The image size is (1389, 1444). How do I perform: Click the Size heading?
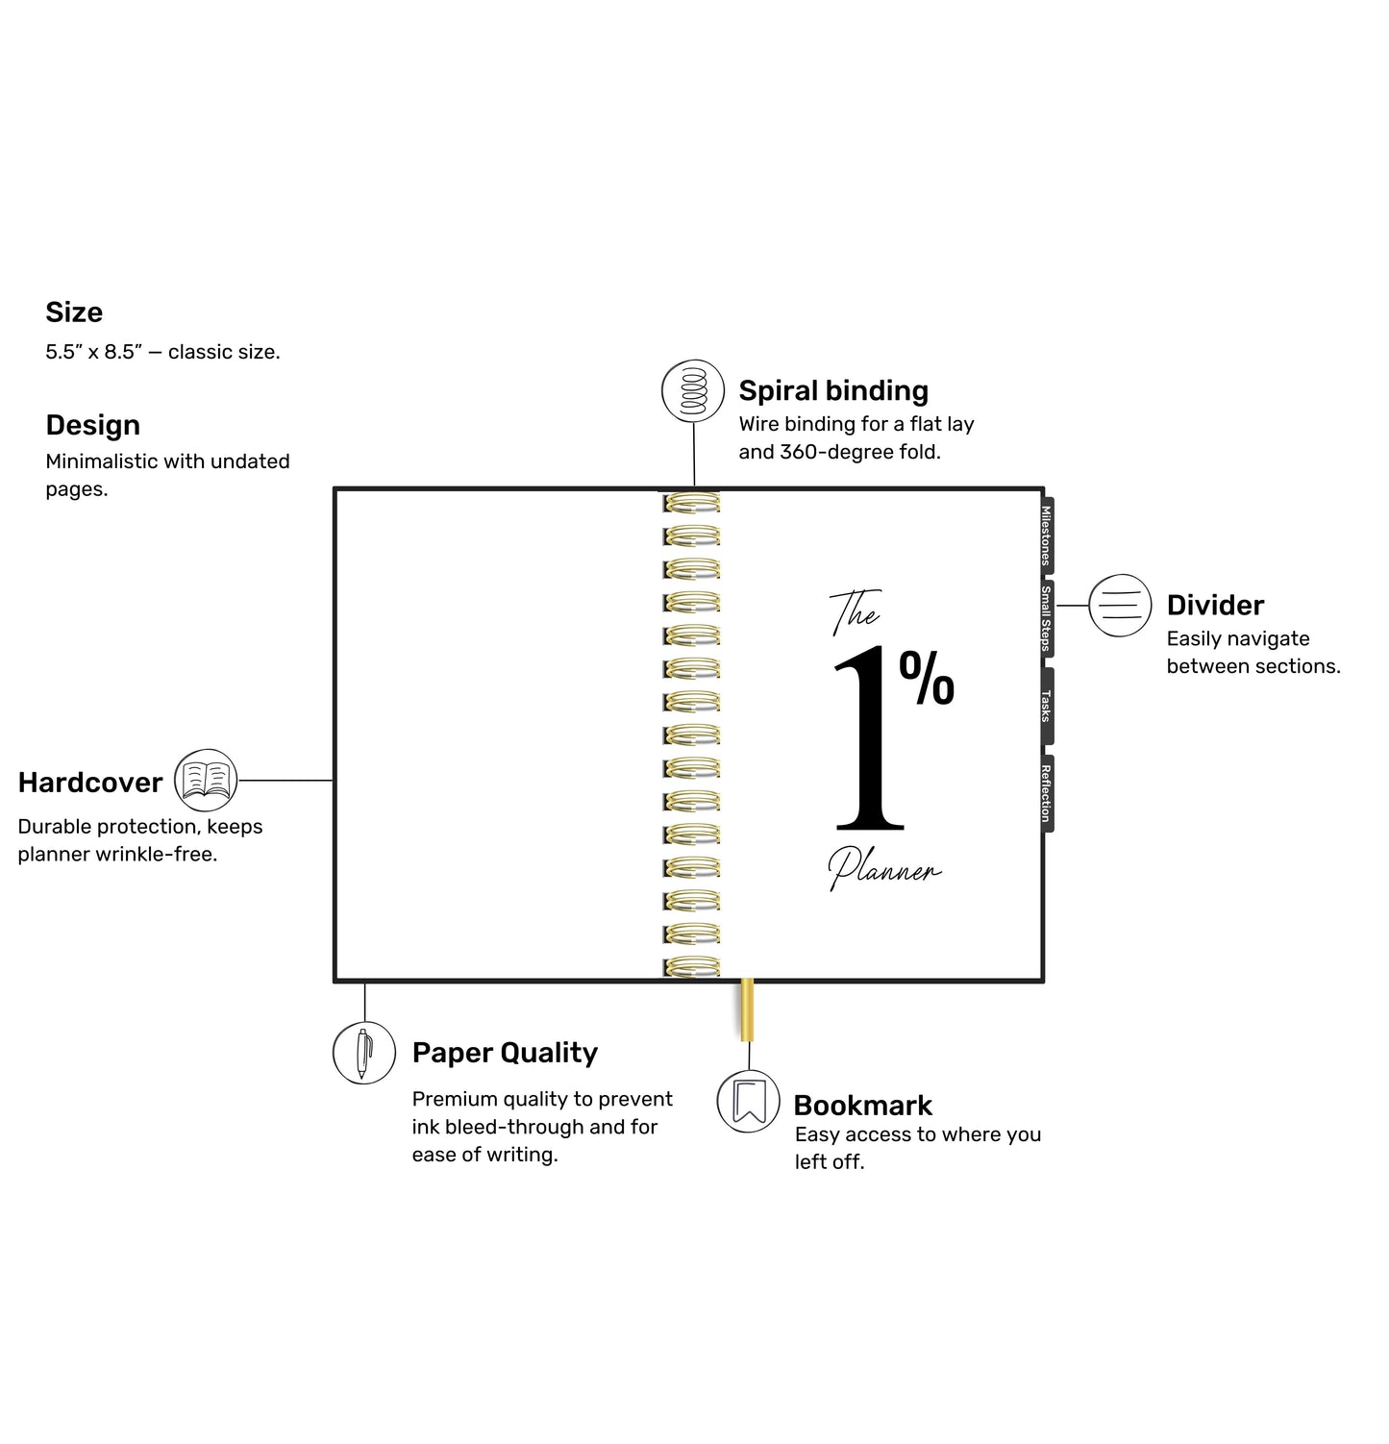(x=74, y=312)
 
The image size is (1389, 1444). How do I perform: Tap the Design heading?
(x=93, y=426)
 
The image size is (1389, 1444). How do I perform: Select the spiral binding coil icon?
(x=693, y=390)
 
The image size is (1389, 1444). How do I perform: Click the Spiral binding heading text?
(x=833, y=391)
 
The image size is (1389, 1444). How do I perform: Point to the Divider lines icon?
(x=1120, y=606)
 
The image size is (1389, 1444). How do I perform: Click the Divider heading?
(x=1215, y=606)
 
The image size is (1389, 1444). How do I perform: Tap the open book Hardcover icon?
(x=206, y=781)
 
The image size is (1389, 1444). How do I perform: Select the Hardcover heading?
(x=90, y=783)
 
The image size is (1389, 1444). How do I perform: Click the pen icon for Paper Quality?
(x=364, y=1053)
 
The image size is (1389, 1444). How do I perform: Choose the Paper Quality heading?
(x=505, y=1054)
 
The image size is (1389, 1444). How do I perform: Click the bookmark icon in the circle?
(x=749, y=1101)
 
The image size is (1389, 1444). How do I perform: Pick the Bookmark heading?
(x=863, y=1106)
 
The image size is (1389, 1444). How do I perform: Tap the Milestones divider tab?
(x=1047, y=535)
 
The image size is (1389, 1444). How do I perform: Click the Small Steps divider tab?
(x=1047, y=619)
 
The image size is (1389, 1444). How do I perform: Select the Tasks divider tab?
(x=1047, y=706)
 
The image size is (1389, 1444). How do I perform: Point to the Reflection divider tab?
(x=1047, y=793)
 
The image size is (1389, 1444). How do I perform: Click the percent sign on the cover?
(x=927, y=678)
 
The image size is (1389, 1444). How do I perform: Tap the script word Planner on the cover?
(x=884, y=868)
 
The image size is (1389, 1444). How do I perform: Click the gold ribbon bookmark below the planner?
(x=747, y=1010)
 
